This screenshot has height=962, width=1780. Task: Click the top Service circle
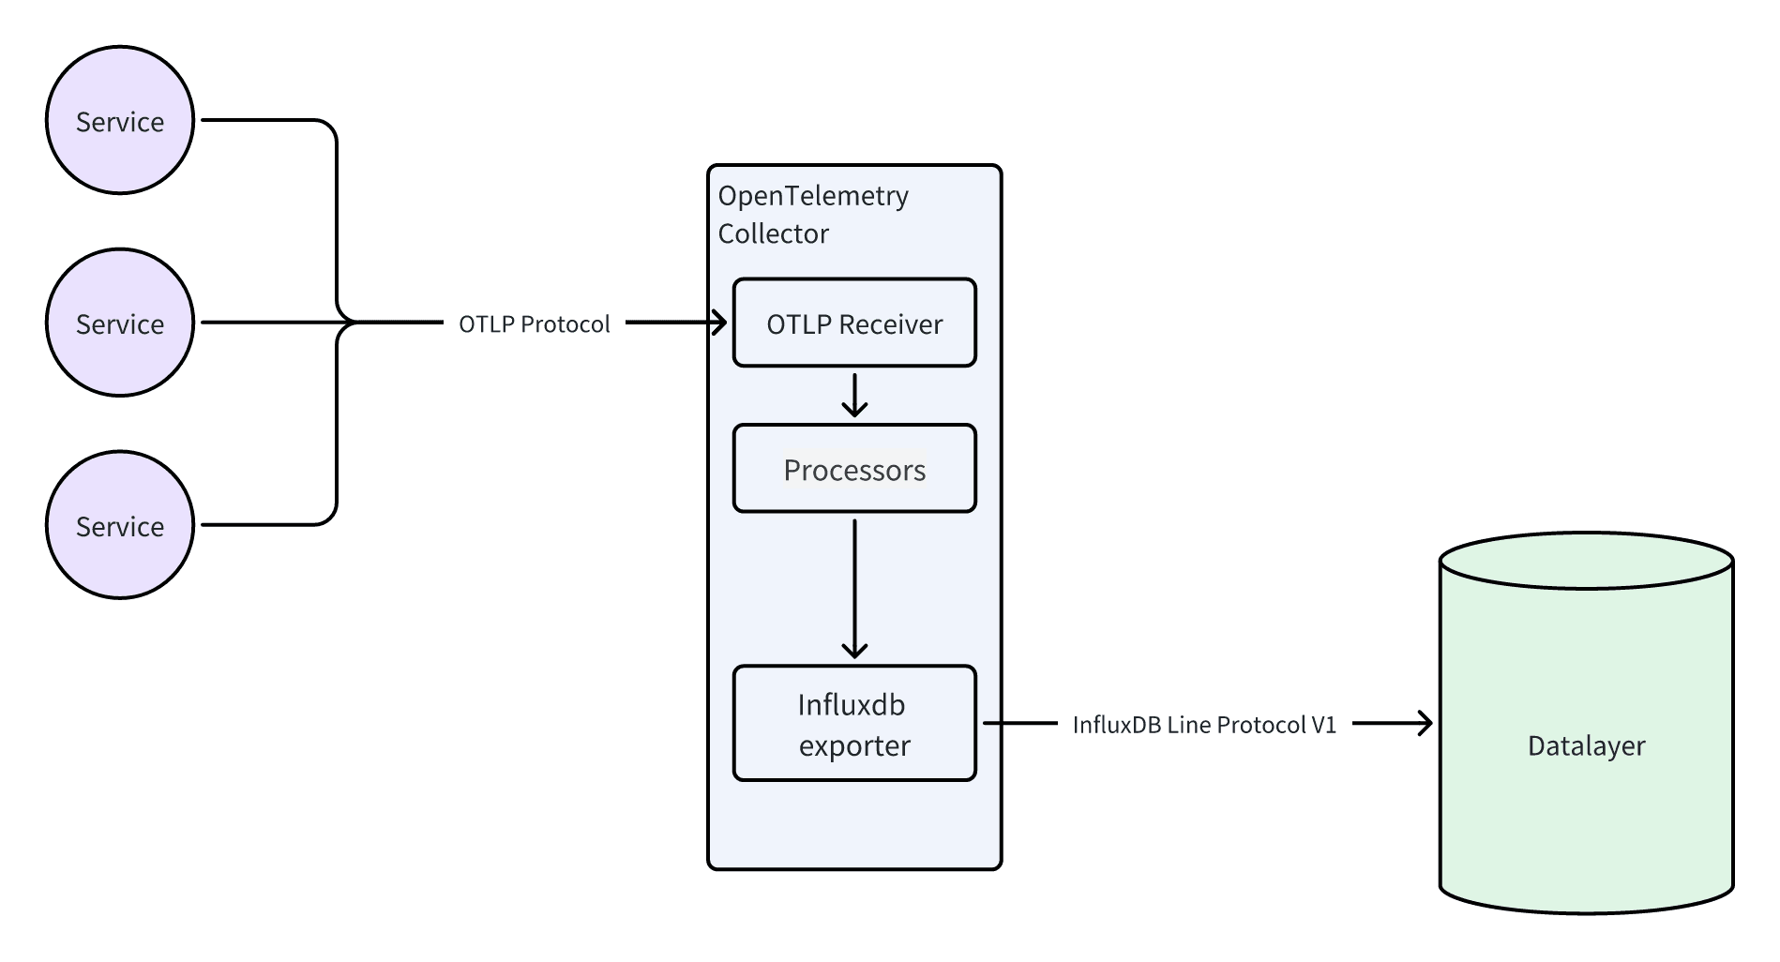tap(120, 121)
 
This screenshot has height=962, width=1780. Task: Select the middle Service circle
tap(120, 323)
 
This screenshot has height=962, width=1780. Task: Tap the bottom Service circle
tap(120, 526)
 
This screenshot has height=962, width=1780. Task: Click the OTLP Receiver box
tap(853, 323)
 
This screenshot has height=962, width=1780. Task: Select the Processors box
tap(853, 470)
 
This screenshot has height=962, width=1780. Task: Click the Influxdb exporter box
tap(853, 724)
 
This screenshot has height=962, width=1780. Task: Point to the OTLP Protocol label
tap(534, 324)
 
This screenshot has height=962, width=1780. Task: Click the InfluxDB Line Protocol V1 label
tap(1203, 725)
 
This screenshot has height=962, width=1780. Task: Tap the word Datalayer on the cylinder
tap(1586, 746)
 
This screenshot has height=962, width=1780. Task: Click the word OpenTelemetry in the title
tap(812, 196)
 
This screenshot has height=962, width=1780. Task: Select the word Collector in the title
tap(773, 233)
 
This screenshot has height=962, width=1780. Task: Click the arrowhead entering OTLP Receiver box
tap(720, 323)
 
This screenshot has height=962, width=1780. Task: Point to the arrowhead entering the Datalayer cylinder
tap(1426, 723)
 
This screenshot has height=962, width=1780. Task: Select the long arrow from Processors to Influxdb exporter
tap(854, 586)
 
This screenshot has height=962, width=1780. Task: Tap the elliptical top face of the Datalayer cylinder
tap(1586, 562)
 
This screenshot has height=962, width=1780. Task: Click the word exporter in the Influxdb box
tap(853, 746)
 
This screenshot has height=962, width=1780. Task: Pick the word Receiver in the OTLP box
tap(890, 324)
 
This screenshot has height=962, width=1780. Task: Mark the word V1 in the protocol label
tap(1323, 725)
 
